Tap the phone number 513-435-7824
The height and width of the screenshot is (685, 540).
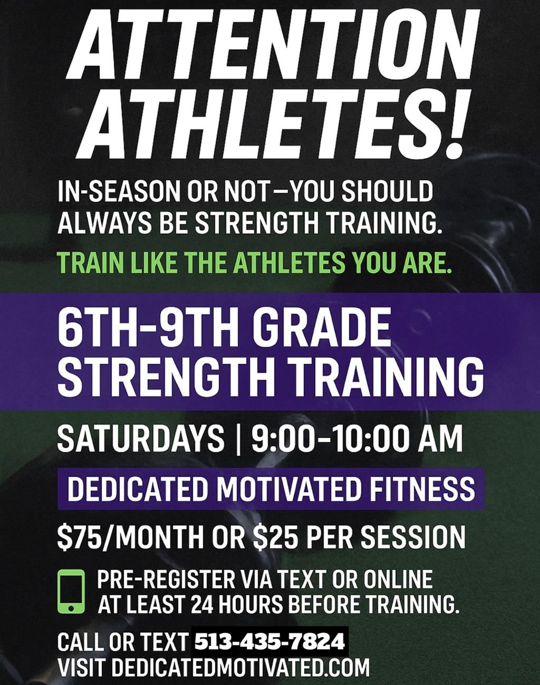[269, 643]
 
